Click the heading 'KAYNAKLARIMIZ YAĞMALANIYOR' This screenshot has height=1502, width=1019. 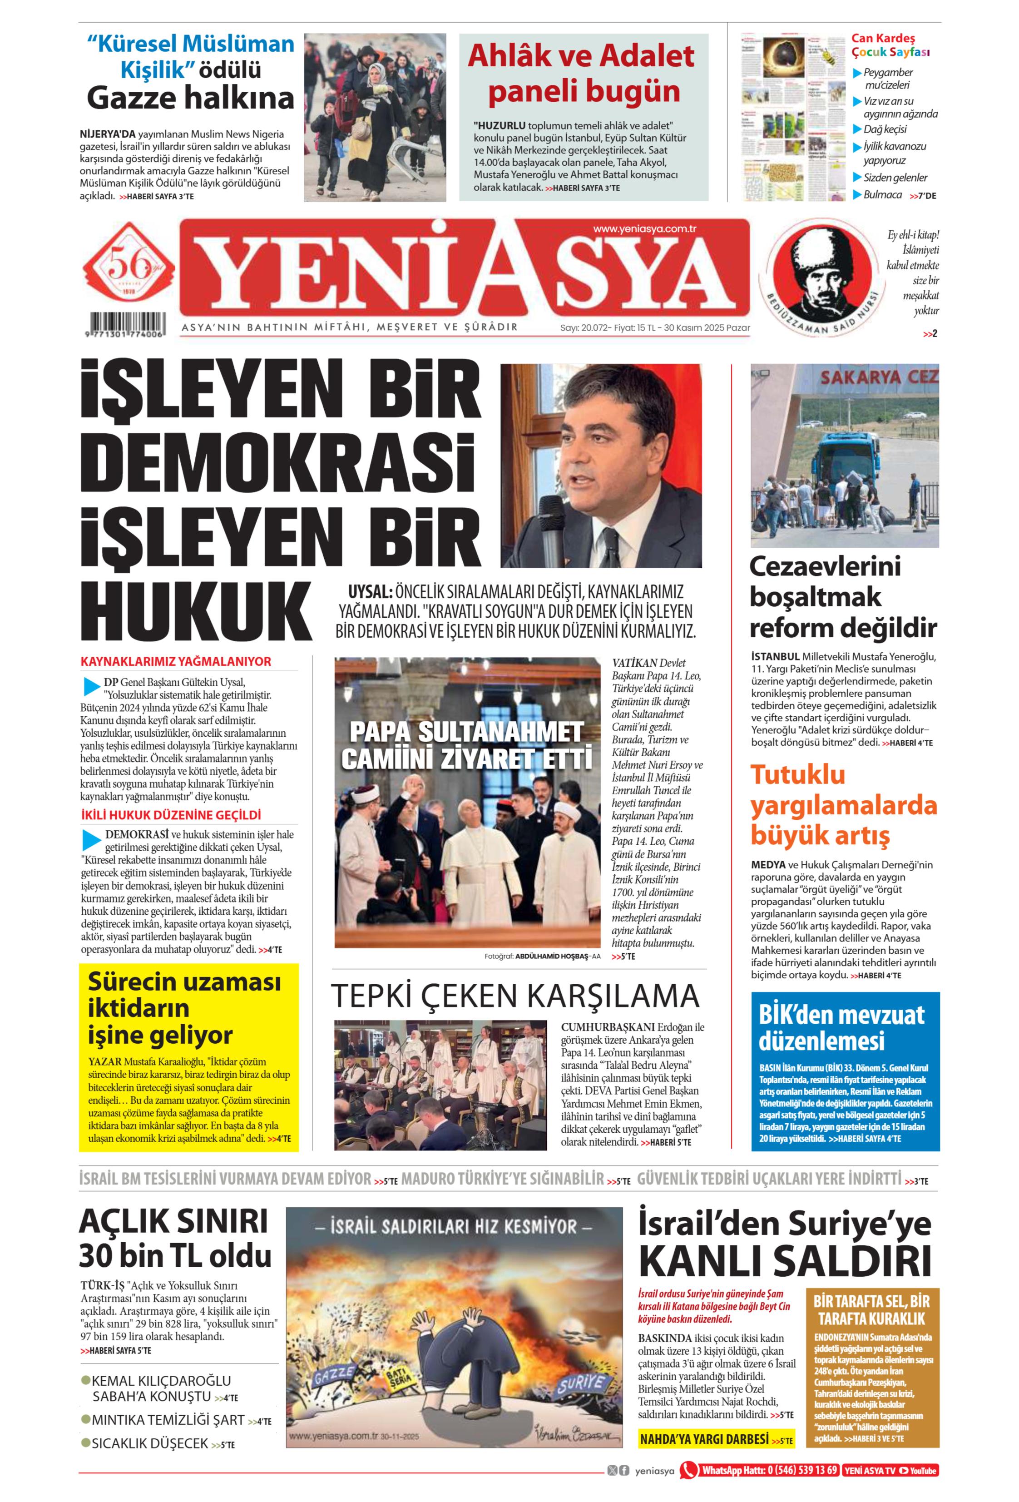[176, 661]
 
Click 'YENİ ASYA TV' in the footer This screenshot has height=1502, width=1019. [870, 1470]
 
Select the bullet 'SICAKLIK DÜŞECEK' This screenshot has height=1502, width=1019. [149, 1443]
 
